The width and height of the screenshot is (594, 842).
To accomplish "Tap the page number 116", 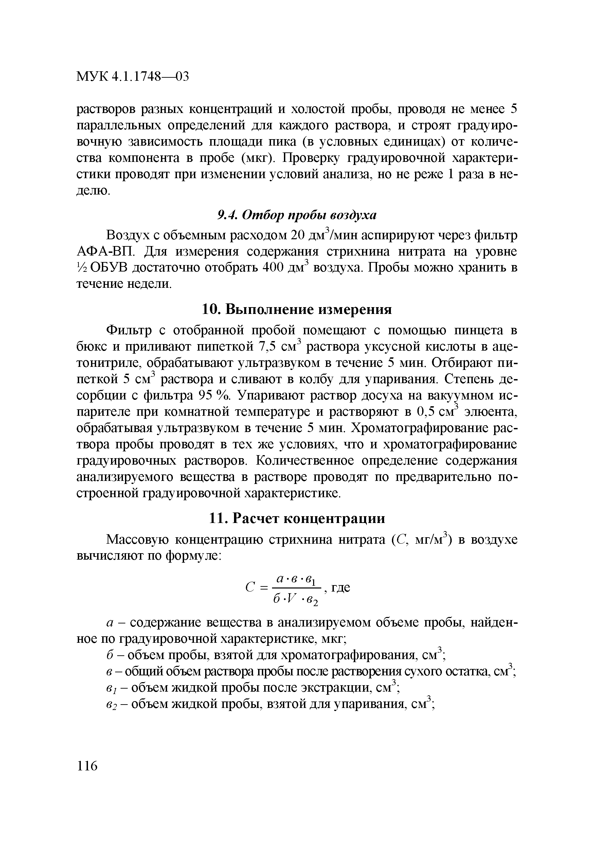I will coord(88,766).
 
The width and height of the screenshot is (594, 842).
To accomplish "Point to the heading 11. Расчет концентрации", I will coord(297,518).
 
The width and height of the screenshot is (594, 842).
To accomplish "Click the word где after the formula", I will coord(341,587).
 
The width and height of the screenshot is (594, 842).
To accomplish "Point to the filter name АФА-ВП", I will coord(106,252).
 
